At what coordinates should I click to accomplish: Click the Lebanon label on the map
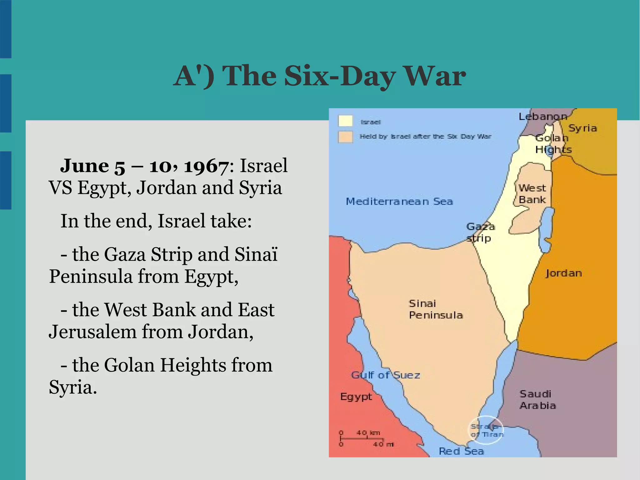coord(543,117)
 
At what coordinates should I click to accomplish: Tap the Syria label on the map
coord(582,128)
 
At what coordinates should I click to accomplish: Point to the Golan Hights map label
coord(553,144)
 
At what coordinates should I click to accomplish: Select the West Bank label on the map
coord(532,194)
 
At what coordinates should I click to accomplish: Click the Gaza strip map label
coord(480,232)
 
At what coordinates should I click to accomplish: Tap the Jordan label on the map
coord(564,273)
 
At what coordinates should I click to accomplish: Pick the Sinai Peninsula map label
coord(436,309)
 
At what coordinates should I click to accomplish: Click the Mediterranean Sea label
coord(399,201)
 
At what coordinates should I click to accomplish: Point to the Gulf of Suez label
coord(385,375)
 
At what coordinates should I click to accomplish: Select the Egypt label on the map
coord(356,397)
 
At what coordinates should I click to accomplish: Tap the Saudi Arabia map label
coord(537,400)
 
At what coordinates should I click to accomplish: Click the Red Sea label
coord(461,451)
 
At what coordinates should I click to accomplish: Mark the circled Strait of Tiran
coord(486,431)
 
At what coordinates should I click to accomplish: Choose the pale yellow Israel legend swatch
coord(345,121)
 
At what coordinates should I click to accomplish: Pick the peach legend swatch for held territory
coord(345,137)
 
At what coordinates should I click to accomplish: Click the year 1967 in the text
coord(206,166)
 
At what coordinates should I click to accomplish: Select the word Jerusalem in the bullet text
coord(92,331)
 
